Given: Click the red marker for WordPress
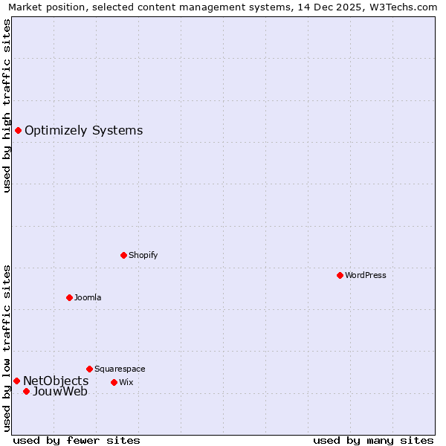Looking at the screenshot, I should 340,275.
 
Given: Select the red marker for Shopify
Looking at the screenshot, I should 123,255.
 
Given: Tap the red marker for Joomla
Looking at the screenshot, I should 69,297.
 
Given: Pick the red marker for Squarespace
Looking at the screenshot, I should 89,369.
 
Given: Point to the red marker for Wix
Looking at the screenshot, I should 114,382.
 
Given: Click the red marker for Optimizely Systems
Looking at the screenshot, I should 18,131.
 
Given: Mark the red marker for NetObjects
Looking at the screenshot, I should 16,381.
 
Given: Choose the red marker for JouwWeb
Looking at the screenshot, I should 26,391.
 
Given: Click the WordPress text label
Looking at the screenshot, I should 366,275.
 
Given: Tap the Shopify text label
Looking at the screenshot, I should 143,255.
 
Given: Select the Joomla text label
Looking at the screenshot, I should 88,297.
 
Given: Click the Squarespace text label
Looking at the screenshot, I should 120,369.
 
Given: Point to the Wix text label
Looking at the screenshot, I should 126,382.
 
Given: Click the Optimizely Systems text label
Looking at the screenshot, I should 83,131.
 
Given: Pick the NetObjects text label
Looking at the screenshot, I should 56,381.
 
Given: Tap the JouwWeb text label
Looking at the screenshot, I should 60,391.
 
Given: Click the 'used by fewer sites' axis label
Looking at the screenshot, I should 77,440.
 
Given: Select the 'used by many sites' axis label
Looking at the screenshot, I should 373,440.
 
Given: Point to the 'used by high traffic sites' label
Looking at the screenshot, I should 7,106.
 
